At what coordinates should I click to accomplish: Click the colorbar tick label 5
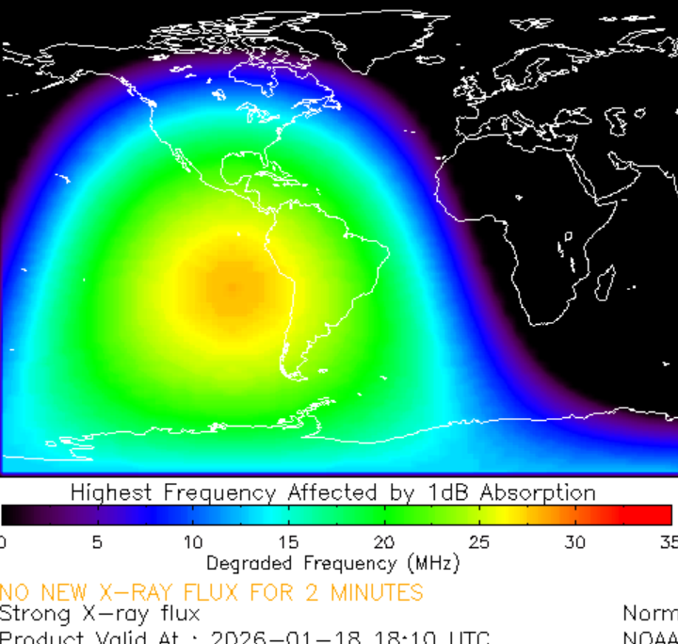coord(97,542)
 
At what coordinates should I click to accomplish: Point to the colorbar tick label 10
coord(192,542)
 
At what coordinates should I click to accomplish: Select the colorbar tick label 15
coord(288,542)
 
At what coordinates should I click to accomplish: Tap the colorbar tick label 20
coord(383,542)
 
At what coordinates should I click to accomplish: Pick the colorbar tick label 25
coord(479,542)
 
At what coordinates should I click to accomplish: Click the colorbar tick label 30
coord(574,542)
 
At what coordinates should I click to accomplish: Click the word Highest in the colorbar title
coord(113,492)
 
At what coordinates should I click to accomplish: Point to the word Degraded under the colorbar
coord(248,564)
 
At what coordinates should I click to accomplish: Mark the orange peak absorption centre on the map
coord(231,285)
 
